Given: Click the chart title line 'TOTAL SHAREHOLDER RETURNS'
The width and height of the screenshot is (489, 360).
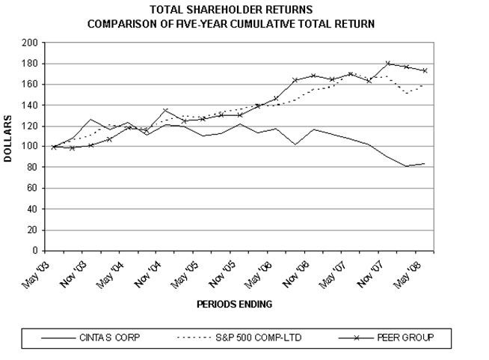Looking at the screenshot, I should click(x=232, y=10).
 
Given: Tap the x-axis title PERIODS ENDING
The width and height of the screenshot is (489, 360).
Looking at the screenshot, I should click(x=234, y=305).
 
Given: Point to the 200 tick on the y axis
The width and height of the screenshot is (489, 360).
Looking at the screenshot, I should click(x=34, y=43).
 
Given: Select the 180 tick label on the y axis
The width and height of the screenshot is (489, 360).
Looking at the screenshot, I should click(x=34, y=64).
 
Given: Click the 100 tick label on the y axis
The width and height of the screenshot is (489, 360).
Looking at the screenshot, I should click(x=34, y=147).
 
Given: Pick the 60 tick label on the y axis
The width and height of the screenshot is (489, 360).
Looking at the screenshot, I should click(x=36, y=189).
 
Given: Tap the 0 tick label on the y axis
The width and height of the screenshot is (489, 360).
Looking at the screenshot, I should click(x=38, y=251).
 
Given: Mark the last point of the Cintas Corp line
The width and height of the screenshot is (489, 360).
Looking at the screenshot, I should click(x=425, y=164).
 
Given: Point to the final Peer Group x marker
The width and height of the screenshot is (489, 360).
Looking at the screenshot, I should click(x=425, y=70).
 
